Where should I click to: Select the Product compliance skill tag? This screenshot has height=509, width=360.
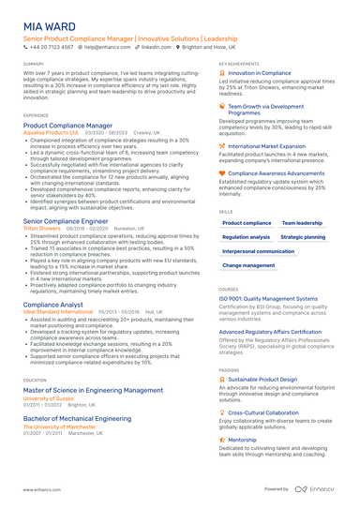[x=247, y=223]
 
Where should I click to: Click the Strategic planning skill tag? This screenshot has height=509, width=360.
[x=303, y=237]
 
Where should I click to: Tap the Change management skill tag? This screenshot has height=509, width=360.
[x=248, y=265]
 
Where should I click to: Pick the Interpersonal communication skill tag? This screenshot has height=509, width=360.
[x=259, y=251]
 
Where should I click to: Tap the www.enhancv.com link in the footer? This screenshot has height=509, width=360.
[x=42, y=489]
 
